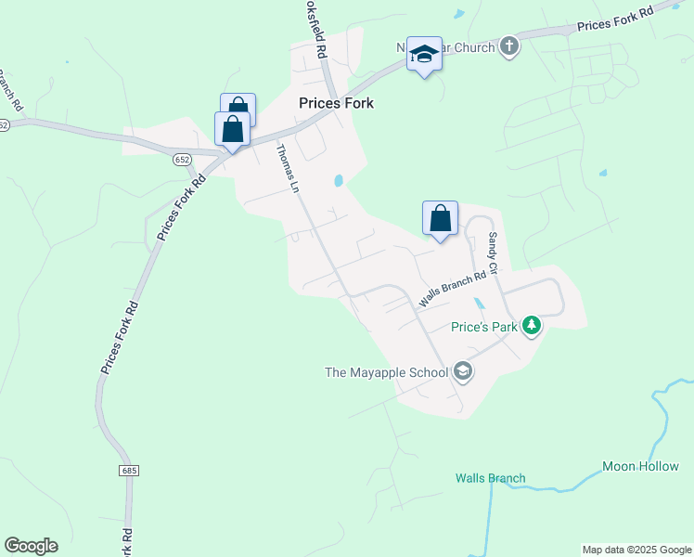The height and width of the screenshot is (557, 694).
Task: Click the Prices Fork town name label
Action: (x=336, y=103)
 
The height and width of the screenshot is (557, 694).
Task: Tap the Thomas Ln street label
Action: (x=289, y=168)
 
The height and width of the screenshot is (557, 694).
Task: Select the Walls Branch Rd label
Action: (x=453, y=290)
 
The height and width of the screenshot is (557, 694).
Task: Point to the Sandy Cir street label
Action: (x=494, y=253)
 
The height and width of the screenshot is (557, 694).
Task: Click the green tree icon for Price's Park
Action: (x=532, y=326)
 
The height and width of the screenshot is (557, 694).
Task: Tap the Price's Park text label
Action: (x=484, y=327)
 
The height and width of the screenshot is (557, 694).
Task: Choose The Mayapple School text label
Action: (x=386, y=373)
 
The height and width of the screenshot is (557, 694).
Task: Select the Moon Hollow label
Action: (x=640, y=466)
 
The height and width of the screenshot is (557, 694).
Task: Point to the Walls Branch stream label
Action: (x=490, y=479)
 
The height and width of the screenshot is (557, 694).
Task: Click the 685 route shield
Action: (x=129, y=471)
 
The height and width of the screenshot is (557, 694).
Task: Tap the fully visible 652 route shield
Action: (x=182, y=160)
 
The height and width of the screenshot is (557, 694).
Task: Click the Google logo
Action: (x=31, y=546)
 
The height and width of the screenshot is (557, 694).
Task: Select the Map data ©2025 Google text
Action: (x=636, y=550)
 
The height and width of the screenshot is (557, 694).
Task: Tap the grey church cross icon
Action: (x=508, y=45)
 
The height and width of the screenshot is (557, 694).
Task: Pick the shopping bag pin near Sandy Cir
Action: (x=440, y=219)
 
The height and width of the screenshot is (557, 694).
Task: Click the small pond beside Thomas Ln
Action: (x=339, y=181)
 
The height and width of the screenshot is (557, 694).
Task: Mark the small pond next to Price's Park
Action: (x=479, y=304)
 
